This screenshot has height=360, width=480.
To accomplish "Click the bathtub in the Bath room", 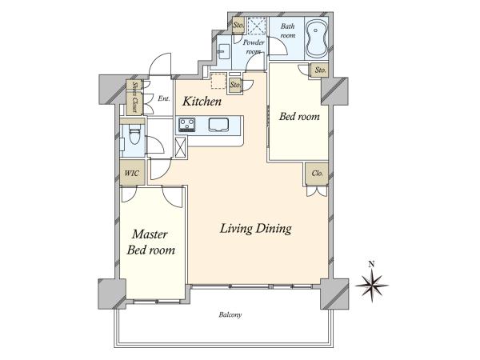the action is pyautogui.click(x=317, y=39).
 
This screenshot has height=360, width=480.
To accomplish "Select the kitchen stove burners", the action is pyautogui.click(x=187, y=125).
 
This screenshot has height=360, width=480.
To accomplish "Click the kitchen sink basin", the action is pyautogui.click(x=219, y=125).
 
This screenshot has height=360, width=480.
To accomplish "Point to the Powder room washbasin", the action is pyautogui.click(x=224, y=50).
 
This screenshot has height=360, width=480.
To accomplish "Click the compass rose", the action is pyautogui.click(x=372, y=286).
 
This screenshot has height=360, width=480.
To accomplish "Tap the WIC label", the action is pyautogui.click(x=131, y=174).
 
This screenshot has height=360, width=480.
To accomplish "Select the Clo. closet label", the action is pyautogui.click(x=317, y=174).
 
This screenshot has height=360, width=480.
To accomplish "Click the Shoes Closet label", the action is pyautogui.click(x=134, y=97).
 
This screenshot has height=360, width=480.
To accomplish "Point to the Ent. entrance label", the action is pyautogui.click(x=164, y=98).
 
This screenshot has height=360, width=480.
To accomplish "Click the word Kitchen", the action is pyautogui.click(x=202, y=102).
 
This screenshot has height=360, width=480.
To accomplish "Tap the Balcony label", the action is pyautogui.click(x=230, y=314).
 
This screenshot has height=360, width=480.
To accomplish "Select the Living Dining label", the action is pyautogui.click(x=256, y=229).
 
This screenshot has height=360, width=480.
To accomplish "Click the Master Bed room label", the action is pyautogui.click(x=150, y=242).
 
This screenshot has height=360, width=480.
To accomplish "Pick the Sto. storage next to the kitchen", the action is pyautogui.click(x=235, y=85).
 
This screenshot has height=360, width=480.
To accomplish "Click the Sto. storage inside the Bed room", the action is pyautogui.click(x=320, y=70).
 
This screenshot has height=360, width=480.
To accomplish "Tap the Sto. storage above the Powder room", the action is pyautogui.click(x=238, y=25).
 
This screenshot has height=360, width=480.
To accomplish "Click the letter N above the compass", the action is pyautogui.click(x=372, y=264).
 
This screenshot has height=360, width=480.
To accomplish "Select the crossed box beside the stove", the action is pyautogui.click(x=180, y=147).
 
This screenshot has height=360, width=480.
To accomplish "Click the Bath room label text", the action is pyautogui.click(x=288, y=30).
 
